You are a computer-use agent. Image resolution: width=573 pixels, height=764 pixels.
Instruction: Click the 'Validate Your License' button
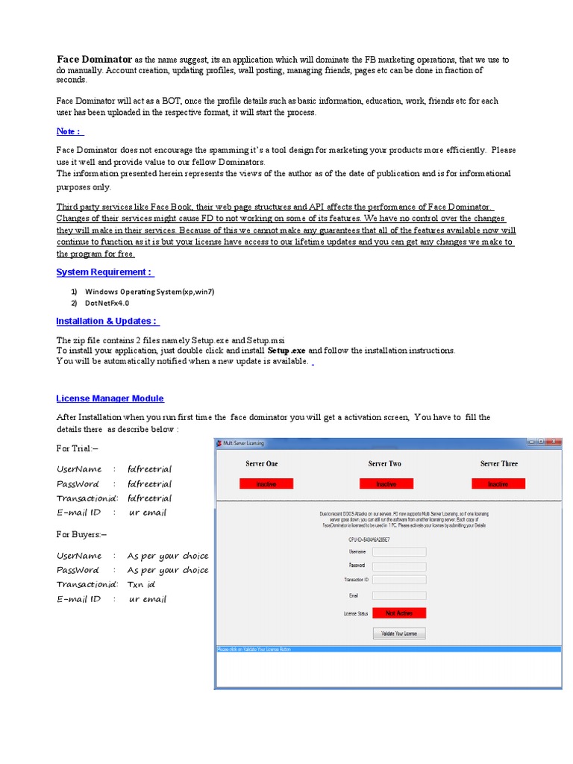(399, 633)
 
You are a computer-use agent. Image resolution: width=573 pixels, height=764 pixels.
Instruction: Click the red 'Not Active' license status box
(400, 613)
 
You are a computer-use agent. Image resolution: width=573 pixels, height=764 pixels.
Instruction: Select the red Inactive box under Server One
(266, 483)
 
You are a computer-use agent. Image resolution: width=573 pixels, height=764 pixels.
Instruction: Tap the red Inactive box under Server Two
(386, 483)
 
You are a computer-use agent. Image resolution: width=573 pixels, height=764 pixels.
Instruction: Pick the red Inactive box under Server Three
(498, 483)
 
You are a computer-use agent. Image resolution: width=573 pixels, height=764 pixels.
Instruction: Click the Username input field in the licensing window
(399, 551)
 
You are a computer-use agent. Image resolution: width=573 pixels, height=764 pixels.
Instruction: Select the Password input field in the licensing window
(399, 566)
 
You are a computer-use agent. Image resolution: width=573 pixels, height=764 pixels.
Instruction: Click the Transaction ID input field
(399, 580)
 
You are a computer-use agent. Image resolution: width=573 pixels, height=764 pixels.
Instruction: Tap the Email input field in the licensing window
(399, 595)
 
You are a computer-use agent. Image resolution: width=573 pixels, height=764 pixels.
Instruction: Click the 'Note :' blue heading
(68, 131)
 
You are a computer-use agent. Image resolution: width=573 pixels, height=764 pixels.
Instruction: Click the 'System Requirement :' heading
(104, 272)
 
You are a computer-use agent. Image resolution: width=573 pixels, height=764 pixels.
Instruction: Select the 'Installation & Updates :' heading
(107, 322)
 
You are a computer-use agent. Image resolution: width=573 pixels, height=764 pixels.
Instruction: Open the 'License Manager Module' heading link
(110, 399)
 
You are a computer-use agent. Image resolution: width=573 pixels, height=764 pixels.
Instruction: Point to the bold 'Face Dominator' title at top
(95, 58)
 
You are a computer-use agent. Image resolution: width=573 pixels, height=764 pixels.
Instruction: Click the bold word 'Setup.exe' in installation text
(286, 350)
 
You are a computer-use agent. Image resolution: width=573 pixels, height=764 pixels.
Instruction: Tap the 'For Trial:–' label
(78, 448)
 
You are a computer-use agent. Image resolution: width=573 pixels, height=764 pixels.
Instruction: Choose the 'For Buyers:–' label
(81, 534)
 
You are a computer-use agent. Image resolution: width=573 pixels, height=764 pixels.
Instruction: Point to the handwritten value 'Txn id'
(141, 584)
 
